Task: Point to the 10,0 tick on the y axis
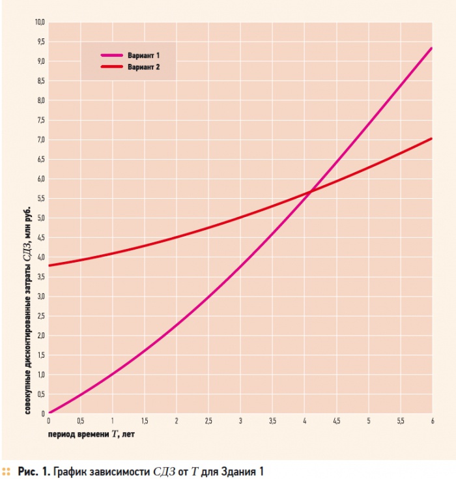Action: click(40, 22)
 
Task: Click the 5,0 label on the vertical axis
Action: click(40, 218)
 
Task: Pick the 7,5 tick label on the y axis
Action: click(40, 120)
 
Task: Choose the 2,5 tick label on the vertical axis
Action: click(40, 316)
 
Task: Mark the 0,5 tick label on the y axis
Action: click(40, 394)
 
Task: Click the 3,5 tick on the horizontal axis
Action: click(272, 420)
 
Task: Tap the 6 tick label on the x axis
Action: click(432, 420)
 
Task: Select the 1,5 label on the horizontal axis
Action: click(145, 420)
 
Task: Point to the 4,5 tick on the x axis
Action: click(336, 420)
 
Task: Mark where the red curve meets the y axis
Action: click(49, 265)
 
